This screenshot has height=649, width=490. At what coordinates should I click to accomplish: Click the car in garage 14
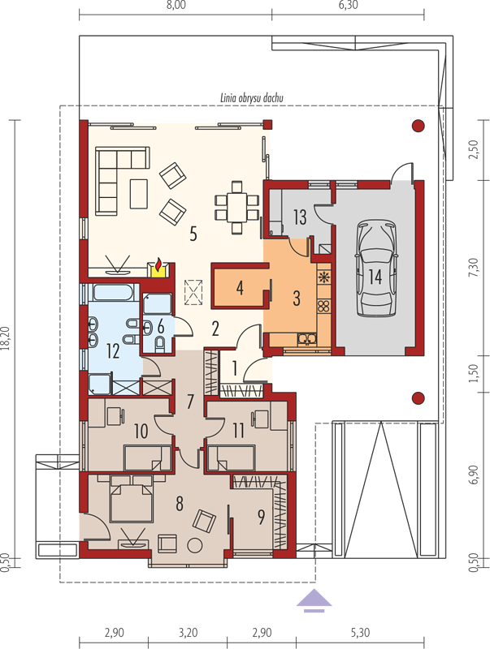click(375, 269)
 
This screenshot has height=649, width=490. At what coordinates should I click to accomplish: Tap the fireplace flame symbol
click(158, 263)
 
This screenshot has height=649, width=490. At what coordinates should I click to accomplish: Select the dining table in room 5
click(236, 208)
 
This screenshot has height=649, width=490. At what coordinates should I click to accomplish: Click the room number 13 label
click(300, 217)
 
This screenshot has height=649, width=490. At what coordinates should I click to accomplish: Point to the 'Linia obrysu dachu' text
click(252, 98)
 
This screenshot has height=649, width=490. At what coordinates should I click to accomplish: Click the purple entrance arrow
click(314, 600)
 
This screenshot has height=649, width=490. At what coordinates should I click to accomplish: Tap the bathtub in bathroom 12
click(113, 292)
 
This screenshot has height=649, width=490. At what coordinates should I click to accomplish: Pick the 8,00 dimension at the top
click(176, 5)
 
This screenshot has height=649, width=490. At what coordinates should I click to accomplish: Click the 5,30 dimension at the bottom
click(360, 633)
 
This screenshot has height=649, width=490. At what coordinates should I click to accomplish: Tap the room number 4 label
click(240, 288)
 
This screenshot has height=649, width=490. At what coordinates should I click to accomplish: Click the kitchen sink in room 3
click(307, 339)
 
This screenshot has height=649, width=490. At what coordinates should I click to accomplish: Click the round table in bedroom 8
click(194, 544)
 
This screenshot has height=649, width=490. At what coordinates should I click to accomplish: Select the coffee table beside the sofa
click(138, 193)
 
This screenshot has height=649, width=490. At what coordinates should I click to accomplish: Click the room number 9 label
click(261, 517)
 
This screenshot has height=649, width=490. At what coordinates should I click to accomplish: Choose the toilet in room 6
click(159, 343)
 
